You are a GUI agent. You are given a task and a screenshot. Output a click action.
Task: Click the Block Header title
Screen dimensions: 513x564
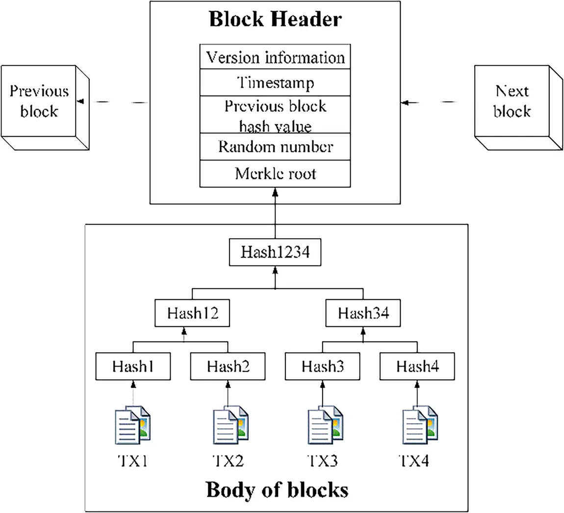point(275,20)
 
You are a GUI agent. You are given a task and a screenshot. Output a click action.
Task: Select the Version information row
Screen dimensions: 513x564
point(275,57)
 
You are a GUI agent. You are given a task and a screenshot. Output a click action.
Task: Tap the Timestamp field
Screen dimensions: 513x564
point(275,82)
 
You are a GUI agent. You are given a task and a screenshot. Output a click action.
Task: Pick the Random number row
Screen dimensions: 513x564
point(275,147)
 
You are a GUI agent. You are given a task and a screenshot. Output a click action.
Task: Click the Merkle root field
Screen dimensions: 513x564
point(275,173)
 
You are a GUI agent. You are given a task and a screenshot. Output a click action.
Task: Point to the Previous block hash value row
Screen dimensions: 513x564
point(275,116)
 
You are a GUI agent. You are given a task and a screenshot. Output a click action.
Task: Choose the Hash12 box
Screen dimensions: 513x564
point(192,313)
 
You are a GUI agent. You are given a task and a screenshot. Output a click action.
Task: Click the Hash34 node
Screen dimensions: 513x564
point(363,313)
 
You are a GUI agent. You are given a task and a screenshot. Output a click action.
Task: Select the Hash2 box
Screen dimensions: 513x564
point(228,366)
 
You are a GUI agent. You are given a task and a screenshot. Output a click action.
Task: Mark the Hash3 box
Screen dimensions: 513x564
point(323,366)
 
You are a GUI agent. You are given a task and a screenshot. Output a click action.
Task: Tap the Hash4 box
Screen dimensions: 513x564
point(417,366)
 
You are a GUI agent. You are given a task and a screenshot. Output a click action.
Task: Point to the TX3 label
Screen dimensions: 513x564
point(323,461)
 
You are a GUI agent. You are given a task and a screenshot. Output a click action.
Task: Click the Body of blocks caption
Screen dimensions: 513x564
point(277,490)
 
